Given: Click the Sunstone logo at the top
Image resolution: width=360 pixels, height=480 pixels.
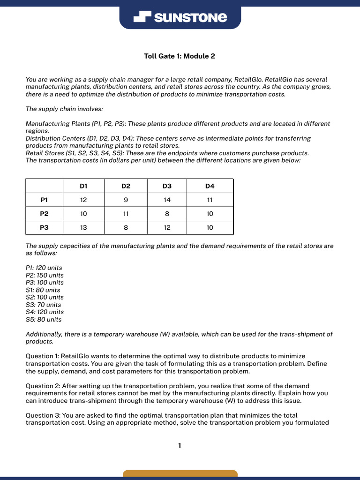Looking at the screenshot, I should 180,18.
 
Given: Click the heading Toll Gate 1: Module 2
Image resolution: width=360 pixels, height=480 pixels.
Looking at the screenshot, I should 180,56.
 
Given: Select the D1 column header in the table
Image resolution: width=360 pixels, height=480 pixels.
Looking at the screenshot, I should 83,186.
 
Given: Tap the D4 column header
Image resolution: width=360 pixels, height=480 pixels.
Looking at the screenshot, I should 210,186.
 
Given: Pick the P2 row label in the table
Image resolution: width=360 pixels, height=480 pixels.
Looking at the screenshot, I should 44,214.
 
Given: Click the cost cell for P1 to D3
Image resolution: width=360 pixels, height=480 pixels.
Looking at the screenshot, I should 167,200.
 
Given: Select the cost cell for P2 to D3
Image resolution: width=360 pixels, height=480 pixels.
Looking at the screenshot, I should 167,214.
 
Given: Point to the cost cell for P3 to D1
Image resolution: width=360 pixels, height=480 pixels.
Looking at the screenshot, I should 83,228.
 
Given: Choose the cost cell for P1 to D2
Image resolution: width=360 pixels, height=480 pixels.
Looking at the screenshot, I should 126,200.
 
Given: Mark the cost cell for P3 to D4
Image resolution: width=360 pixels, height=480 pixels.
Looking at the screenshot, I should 210,228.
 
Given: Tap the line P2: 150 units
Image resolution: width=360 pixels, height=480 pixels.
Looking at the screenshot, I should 45,275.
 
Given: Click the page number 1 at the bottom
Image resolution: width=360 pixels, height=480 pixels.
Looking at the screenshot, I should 180,445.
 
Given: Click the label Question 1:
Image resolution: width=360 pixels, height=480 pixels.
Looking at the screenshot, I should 42,356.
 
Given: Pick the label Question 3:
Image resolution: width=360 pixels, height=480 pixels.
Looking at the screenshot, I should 42,415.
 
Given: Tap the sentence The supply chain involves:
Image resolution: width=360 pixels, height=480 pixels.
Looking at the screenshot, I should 61,109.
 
